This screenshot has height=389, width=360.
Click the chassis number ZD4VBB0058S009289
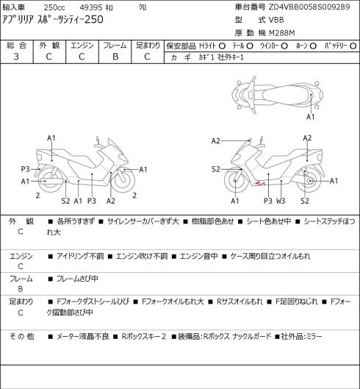(x=309, y=7)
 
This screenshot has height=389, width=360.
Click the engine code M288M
(x=281, y=33)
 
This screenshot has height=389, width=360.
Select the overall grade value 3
(x=16, y=57)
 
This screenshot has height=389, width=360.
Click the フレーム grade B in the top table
(x=115, y=57)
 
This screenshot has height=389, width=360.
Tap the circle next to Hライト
(x=222, y=46)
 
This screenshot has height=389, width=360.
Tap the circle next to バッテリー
(x=353, y=46)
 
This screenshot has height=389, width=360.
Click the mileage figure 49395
(x=91, y=7)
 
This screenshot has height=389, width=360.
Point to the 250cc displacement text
(x=54, y=7)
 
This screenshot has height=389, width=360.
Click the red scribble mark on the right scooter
(x=260, y=183)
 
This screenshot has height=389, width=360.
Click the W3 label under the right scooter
(x=281, y=201)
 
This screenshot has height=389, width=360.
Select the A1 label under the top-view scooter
(x=311, y=117)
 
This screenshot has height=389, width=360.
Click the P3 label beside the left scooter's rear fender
(x=25, y=169)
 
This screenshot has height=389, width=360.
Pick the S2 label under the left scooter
(x=65, y=201)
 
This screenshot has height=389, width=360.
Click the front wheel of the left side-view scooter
(x=123, y=180)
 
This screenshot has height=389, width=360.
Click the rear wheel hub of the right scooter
(x=311, y=181)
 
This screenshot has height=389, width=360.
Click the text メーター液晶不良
(x=83, y=336)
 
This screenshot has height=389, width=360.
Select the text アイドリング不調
(x=80, y=256)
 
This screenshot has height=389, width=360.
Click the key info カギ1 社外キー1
(x=221, y=57)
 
